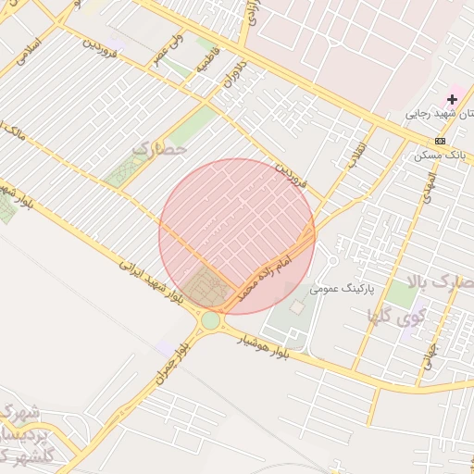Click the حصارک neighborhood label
[160, 147]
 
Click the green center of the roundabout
[211, 320]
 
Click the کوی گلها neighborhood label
[400, 318]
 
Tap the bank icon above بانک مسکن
[440, 141]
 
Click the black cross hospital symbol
[452, 98]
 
